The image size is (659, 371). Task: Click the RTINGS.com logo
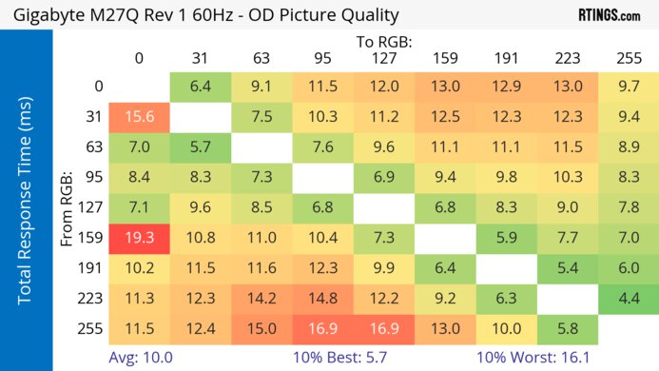coord(609,15)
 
